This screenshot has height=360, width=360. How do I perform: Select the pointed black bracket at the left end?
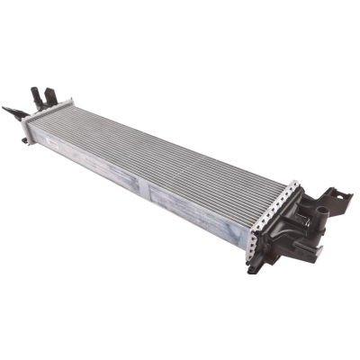(x=13, y=112)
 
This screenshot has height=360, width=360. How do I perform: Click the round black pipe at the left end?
(x=36, y=94)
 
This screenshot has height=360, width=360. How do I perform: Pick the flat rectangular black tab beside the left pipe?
(x=50, y=95)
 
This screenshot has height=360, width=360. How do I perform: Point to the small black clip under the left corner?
(x=25, y=139)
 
